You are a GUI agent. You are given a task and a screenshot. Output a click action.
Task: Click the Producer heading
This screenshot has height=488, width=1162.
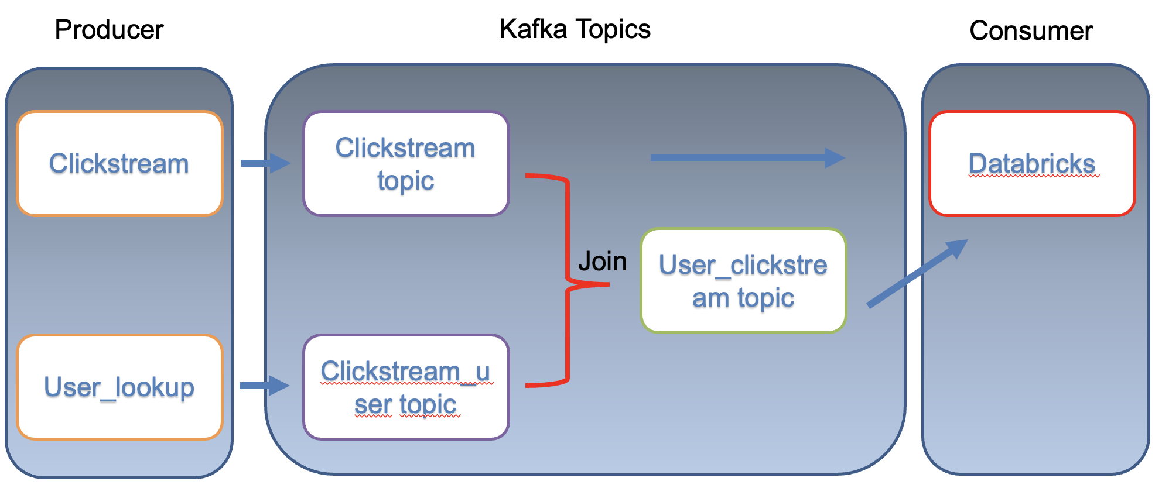(109, 30)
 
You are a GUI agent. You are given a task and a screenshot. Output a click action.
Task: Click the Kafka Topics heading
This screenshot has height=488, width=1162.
(574, 29)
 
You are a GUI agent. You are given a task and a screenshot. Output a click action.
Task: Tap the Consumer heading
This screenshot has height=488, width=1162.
(1031, 30)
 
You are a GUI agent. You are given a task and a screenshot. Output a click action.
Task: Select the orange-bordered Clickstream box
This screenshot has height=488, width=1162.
(119, 163)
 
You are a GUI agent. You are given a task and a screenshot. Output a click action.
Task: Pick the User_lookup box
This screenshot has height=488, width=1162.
(119, 387)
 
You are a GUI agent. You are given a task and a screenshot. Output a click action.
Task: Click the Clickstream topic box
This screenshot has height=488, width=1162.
(406, 163)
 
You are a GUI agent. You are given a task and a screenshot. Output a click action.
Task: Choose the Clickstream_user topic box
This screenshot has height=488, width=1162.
(406, 387)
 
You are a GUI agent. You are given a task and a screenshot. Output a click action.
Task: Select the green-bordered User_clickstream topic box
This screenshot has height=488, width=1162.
(743, 281)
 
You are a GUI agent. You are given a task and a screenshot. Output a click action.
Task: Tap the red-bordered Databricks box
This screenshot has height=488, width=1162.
(1031, 163)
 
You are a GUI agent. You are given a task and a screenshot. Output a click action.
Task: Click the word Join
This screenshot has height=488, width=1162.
(602, 261)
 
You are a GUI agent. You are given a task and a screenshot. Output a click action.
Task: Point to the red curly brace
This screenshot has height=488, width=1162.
(567, 281)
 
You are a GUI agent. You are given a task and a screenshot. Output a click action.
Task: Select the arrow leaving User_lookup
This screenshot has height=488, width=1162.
(264, 385)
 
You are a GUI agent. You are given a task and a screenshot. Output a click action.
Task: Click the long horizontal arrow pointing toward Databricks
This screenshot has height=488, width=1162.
(747, 158)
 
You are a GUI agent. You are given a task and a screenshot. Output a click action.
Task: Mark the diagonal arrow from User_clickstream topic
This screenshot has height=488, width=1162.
(917, 273)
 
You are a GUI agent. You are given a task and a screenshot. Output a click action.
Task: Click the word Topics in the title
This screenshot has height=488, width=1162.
(613, 29)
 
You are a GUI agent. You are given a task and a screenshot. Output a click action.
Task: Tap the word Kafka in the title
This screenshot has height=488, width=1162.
(533, 29)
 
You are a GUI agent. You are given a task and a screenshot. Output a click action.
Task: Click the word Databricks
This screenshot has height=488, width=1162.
(1031, 163)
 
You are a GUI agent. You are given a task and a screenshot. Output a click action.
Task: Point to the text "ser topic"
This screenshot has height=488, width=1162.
(406, 404)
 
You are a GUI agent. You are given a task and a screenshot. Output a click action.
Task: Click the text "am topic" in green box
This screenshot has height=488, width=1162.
(743, 298)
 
